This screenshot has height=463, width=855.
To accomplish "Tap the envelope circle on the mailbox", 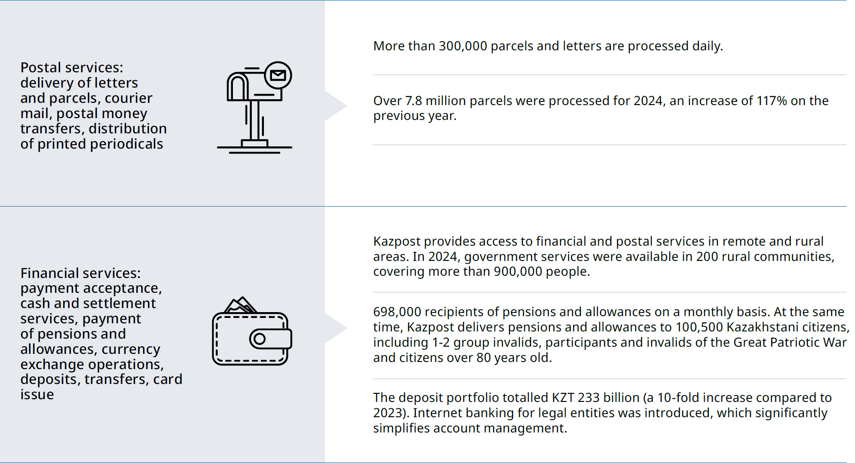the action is coord(278,75).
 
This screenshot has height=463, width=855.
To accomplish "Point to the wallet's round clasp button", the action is coord(259,339).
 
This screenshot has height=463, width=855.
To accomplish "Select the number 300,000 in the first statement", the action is coord(463,46).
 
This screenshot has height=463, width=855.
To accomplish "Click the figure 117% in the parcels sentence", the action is coord(772,101).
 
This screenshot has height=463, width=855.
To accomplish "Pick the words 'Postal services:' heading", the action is coord(72,68).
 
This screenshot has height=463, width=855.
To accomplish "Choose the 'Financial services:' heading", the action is coord(80,273).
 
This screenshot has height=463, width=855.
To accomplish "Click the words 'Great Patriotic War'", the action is coord(790,343).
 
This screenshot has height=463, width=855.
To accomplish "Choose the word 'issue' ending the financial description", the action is coord(37,395).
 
